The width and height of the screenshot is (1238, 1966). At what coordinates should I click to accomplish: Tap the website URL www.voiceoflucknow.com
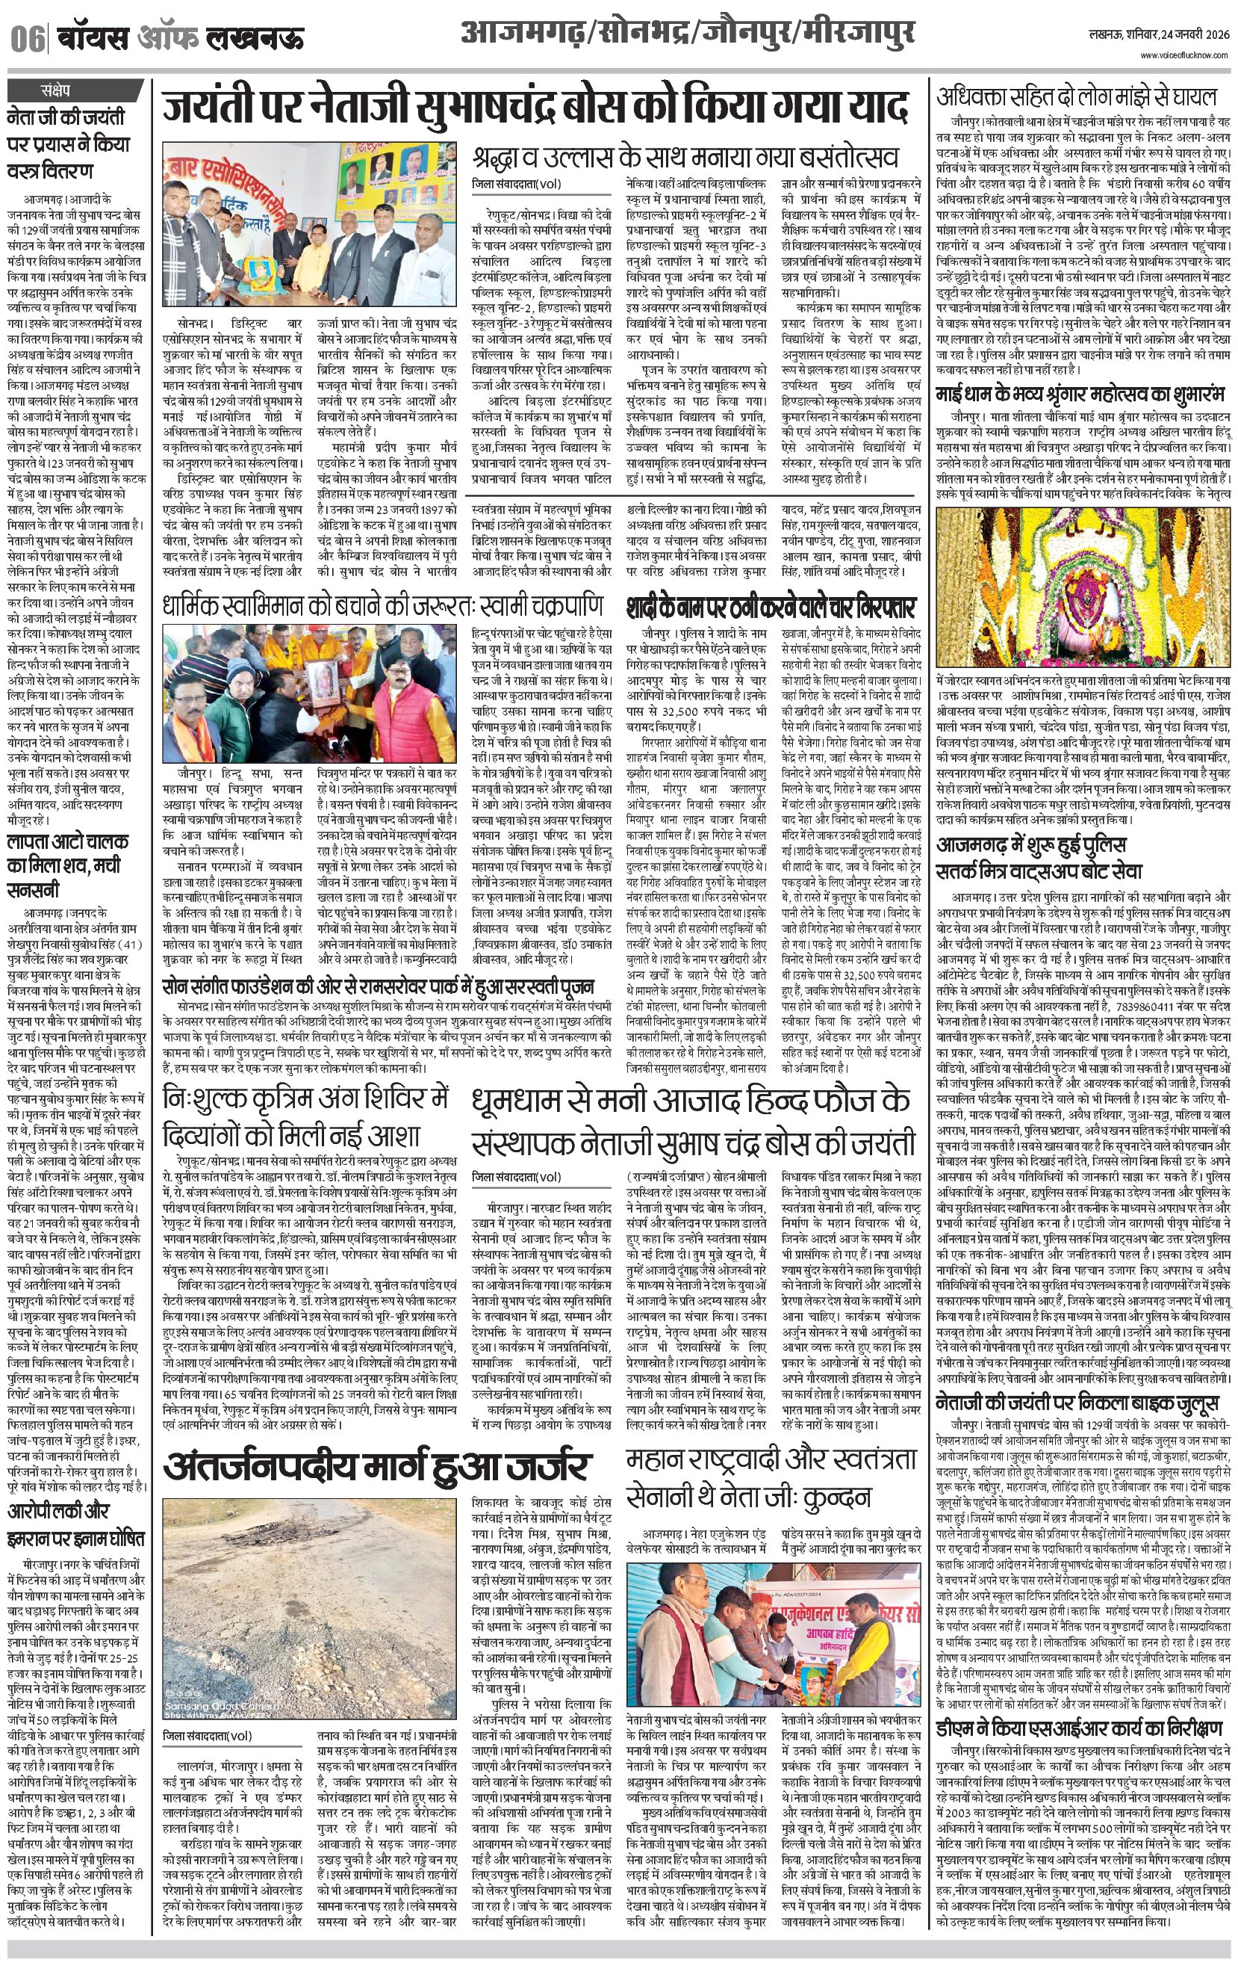coord(1183,55)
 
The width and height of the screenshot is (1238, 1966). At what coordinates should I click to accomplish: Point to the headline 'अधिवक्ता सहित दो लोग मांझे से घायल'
coord(1076,97)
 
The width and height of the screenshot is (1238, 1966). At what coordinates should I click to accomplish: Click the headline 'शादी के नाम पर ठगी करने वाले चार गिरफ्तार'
coord(771,608)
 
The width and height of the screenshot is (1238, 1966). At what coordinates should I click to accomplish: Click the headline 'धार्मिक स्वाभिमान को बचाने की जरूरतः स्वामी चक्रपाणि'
coord(383,608)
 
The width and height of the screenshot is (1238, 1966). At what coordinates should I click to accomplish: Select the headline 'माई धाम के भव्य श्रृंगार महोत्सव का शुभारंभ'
coord(1080,395)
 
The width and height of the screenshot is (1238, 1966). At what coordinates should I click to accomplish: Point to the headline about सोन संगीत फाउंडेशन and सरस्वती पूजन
coord(378,986)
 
